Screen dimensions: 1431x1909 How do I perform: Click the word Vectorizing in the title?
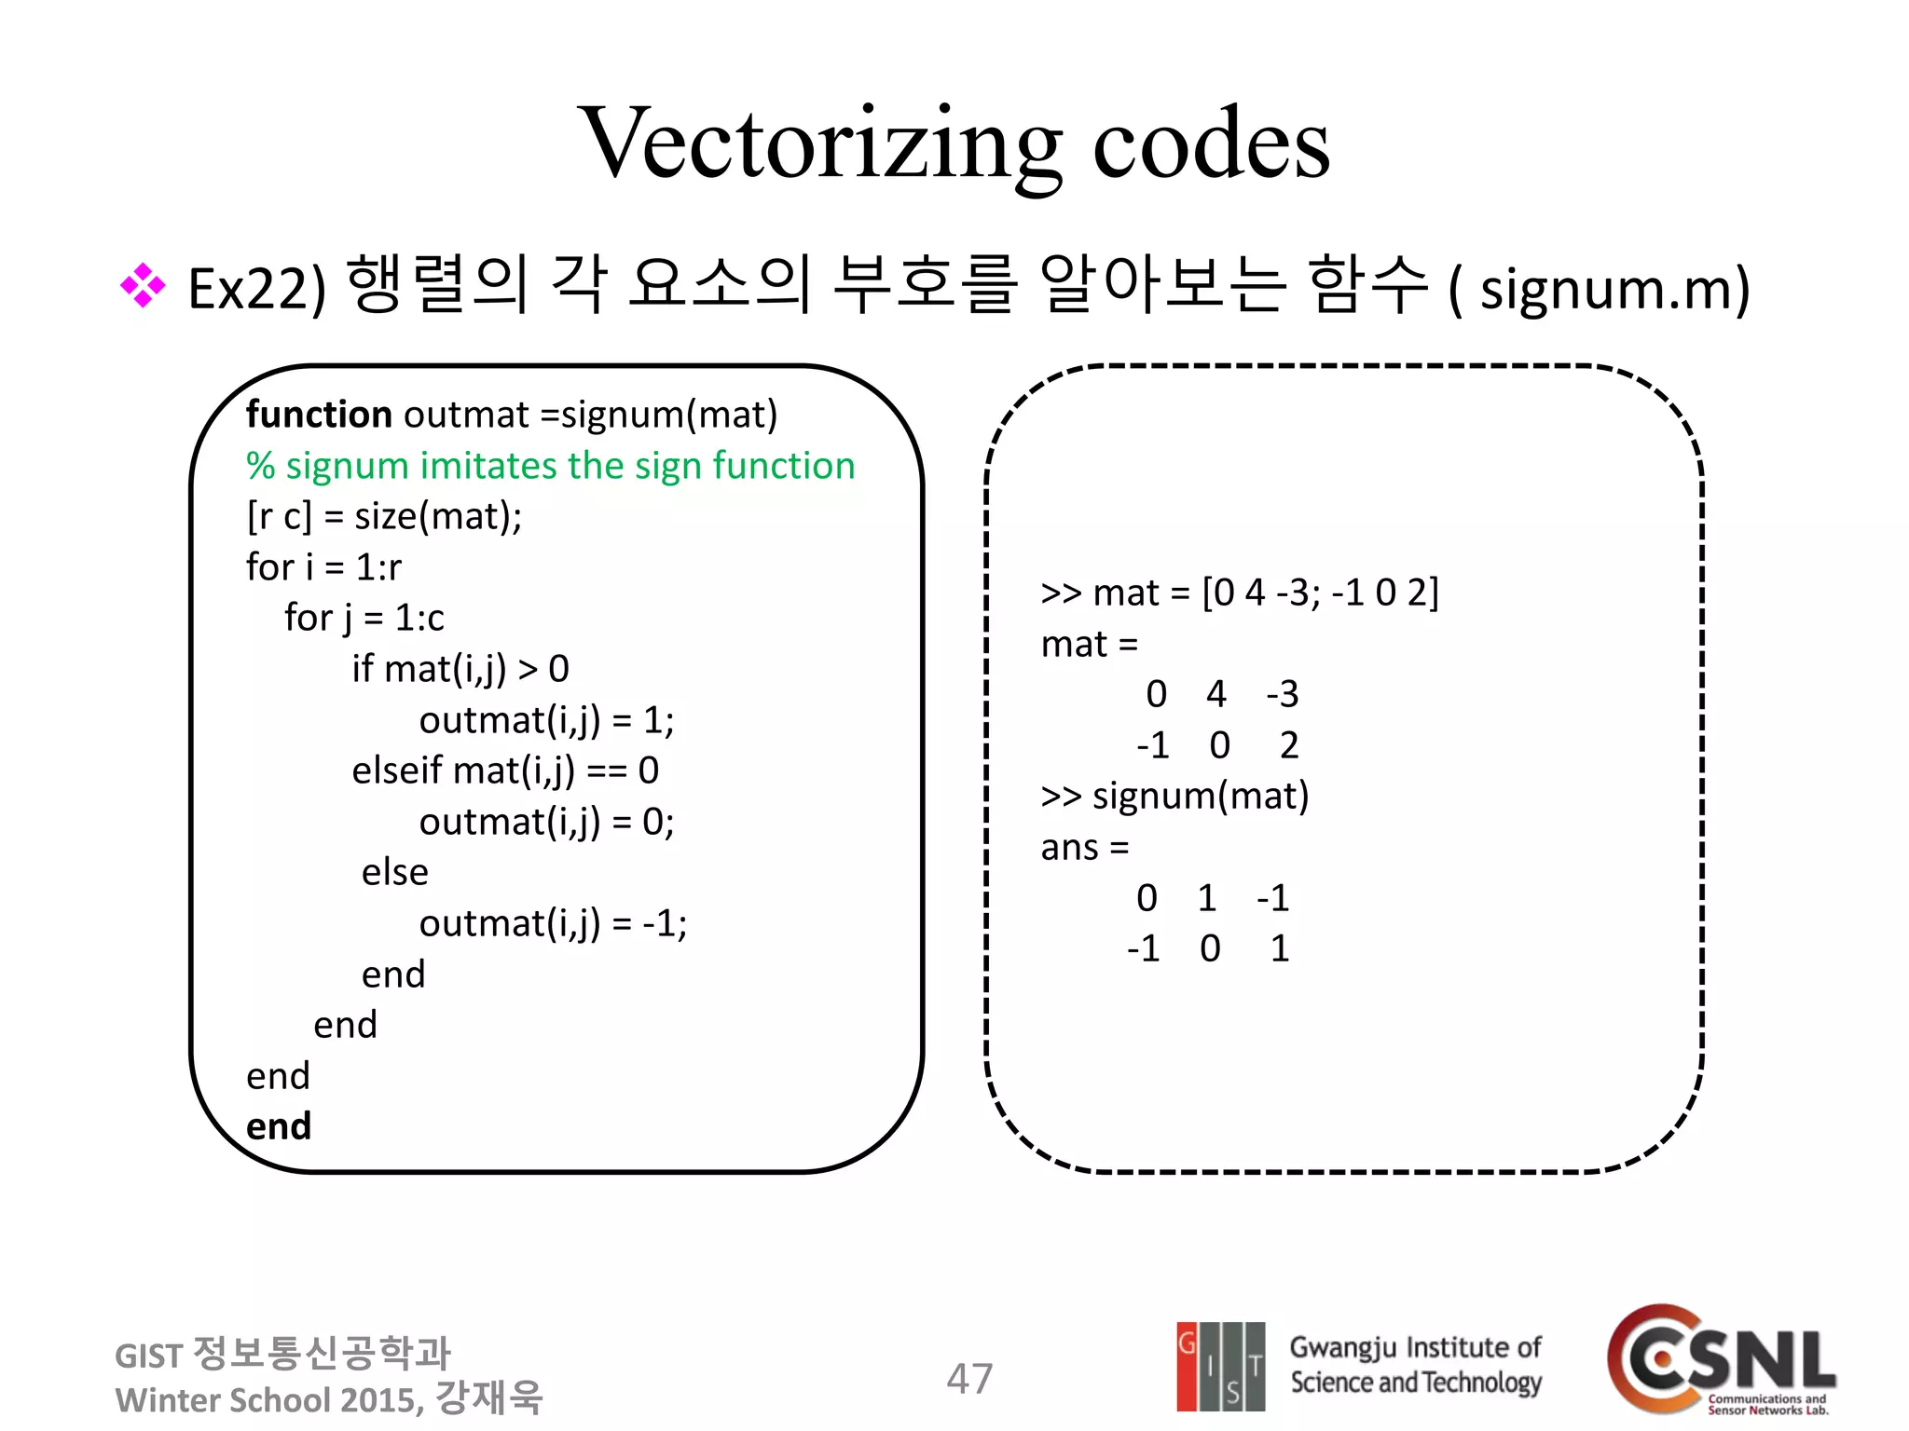pos(820,144)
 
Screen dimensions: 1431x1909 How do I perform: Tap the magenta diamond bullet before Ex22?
pos(143,286)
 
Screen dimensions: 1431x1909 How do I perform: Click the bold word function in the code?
pos(319,415)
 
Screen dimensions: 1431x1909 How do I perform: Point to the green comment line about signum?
pos(550,466)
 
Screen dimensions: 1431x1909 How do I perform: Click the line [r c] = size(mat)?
pos(384,516)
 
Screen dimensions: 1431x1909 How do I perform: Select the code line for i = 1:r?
pos(323,567)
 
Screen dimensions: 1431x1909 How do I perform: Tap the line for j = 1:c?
pos(364,618)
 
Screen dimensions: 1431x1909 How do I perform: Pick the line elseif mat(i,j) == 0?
pos(505,770)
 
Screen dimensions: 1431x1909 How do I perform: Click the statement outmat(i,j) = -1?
pos(553,923)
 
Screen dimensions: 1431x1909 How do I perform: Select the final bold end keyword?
pos(279,1126)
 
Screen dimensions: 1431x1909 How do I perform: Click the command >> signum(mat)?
pos(1174,797)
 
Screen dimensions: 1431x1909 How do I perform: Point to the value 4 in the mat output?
pos(1215,694)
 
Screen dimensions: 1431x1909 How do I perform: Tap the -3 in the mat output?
pos(1283,694)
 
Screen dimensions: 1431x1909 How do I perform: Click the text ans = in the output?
pos(1084,848)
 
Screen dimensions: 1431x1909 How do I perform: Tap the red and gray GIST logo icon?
pos(1220,1367)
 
